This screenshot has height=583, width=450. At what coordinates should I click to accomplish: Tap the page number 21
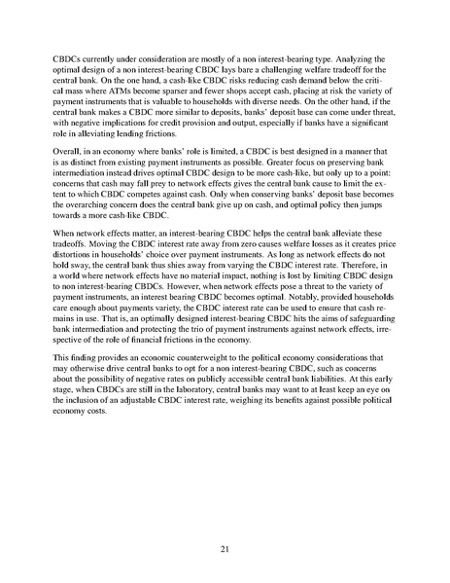coord(225,550)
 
